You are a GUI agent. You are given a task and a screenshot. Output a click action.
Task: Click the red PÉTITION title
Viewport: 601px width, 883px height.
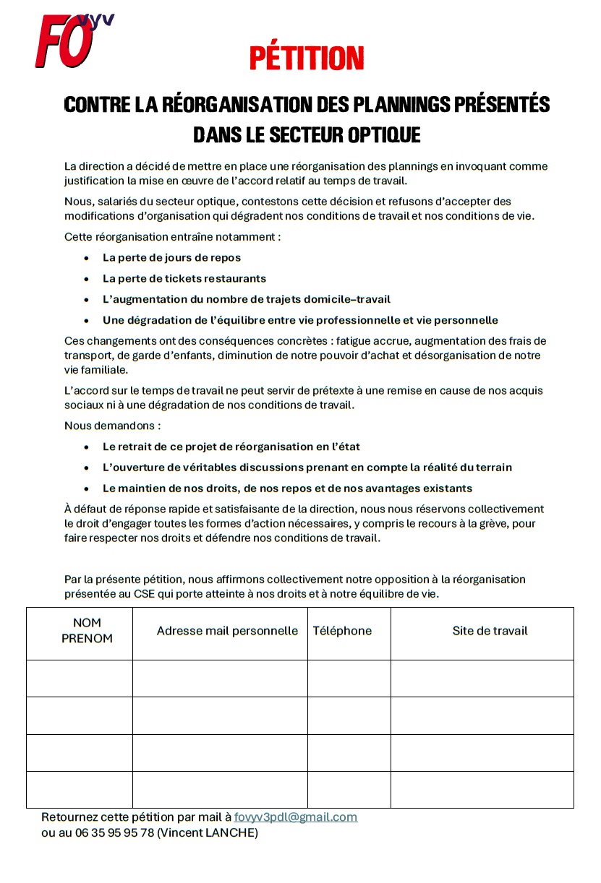pos(307,58)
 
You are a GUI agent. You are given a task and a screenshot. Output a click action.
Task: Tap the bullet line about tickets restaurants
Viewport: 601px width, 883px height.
pos(184,278)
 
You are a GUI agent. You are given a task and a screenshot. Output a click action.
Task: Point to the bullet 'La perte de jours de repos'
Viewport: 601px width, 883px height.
pos(171,257)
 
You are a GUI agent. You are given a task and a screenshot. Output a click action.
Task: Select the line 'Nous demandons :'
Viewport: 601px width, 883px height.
pos(112,426)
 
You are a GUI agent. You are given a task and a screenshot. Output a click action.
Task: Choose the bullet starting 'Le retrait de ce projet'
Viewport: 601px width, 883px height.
pos(231,447)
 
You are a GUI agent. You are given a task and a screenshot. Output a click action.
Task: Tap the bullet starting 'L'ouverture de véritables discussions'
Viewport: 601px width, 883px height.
pos(307,468)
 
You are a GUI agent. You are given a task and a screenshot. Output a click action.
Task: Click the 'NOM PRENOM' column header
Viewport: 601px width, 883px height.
pos(87,631)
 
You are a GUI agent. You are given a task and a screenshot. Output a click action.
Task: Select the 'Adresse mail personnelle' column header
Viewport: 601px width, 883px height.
pos(227,631)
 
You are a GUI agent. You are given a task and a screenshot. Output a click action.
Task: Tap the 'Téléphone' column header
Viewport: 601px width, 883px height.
pos(342,631)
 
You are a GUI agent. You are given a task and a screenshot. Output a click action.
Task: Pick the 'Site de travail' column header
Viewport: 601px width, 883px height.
pos(490,631)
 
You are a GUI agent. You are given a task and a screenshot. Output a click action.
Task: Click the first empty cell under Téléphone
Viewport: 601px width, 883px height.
pos(349,679)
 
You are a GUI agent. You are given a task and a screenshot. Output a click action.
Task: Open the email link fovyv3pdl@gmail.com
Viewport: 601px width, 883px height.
pos(295,817)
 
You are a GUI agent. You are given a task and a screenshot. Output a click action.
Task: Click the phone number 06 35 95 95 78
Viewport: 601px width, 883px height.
pos(107,832)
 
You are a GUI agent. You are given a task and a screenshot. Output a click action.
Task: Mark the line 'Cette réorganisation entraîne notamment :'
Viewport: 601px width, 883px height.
pos(172,236)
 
